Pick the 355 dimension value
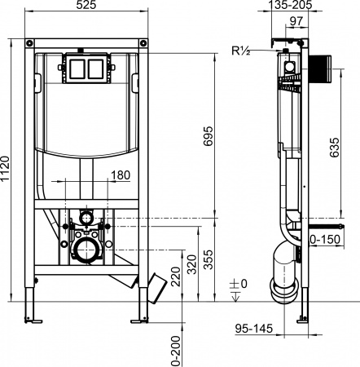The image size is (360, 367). click(209, 260)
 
